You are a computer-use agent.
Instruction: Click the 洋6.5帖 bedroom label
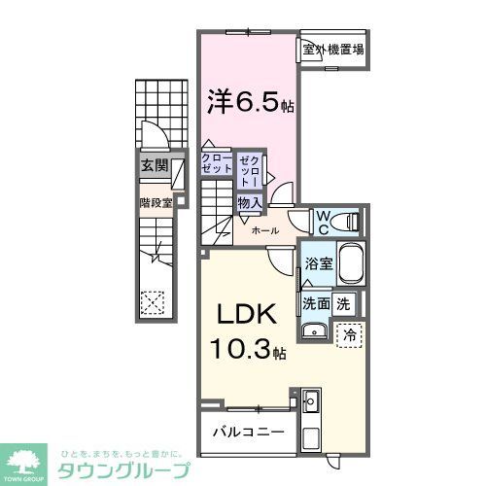click(x=247, y=100)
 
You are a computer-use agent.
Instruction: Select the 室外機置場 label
click(x=332, y=50)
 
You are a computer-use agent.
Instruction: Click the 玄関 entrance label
click(x=153, y=165)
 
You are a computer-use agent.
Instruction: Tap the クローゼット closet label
click(x=216, y=163)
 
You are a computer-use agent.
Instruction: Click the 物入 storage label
click(x=249, y=201)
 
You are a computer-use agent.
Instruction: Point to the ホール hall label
click(x=264, y=230)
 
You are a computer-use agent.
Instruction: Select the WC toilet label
click(x=322, y=222)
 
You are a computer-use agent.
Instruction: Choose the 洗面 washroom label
click(x=315, y=302)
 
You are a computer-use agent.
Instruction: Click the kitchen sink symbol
click(x=312, y=399)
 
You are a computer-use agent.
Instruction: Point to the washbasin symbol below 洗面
click(x=312, y=333)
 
